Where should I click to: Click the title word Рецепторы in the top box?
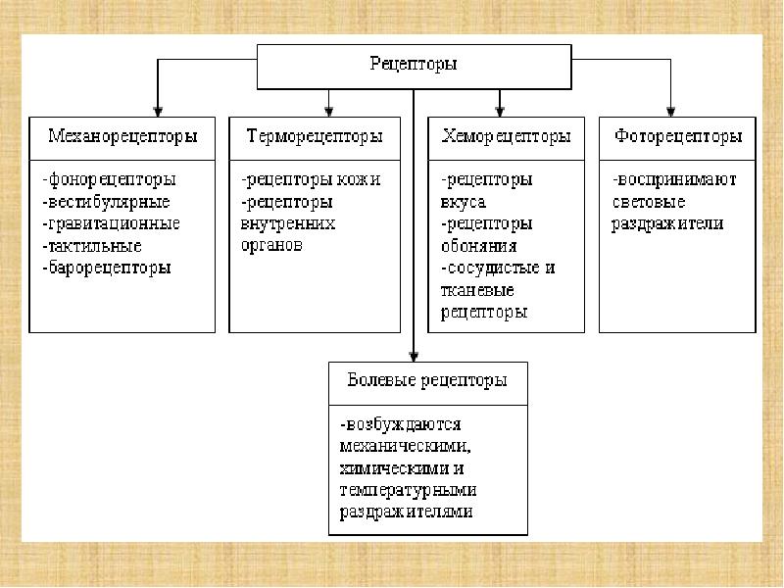(x=414, y=65)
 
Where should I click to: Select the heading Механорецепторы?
(x=122, y=137)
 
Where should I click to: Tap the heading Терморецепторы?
(x=315, y=137)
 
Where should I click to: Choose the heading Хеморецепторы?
(x=506, y=137)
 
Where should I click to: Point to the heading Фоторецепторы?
(x=678, y=137)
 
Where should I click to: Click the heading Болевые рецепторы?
(x=427, y=381)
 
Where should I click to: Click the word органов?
(x=271, y=246)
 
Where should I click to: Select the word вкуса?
(x=463, y=203)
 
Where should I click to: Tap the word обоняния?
(x=478, y=247)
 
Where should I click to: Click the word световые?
(x=649, y=203)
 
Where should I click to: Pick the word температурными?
(x=408, y=491)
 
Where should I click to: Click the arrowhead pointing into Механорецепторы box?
(x=158, y=112)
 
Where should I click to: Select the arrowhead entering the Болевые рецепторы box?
(x=414, y=357)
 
